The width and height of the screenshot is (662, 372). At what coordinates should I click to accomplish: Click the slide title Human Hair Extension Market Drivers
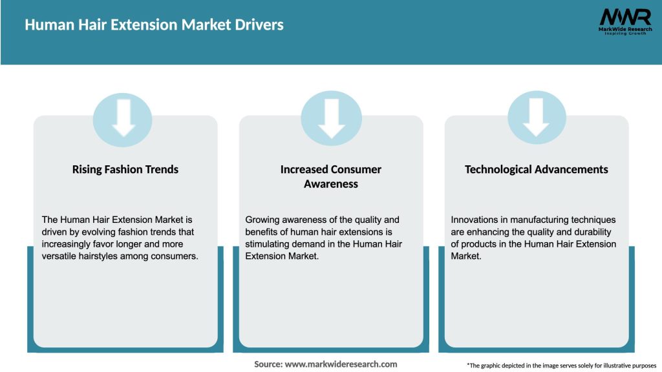[x=154, y=25]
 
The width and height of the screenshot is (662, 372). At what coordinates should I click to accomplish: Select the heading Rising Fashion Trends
[x=125, y=169]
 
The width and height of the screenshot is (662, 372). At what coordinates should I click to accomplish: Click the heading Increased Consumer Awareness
[x=331, y=176]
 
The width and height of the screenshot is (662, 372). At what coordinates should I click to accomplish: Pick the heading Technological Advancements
[x=537, y=169]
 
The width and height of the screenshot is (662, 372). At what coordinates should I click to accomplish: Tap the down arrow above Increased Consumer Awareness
[x=332, y=117]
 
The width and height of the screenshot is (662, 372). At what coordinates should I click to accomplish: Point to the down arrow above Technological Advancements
[x=537, y=117]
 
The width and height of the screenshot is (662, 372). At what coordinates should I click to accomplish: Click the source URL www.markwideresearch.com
[x=341, y=364]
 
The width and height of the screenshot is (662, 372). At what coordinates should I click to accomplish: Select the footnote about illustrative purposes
[x=561, y=366]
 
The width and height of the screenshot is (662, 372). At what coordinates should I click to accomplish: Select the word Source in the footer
[x=268, y=364]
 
